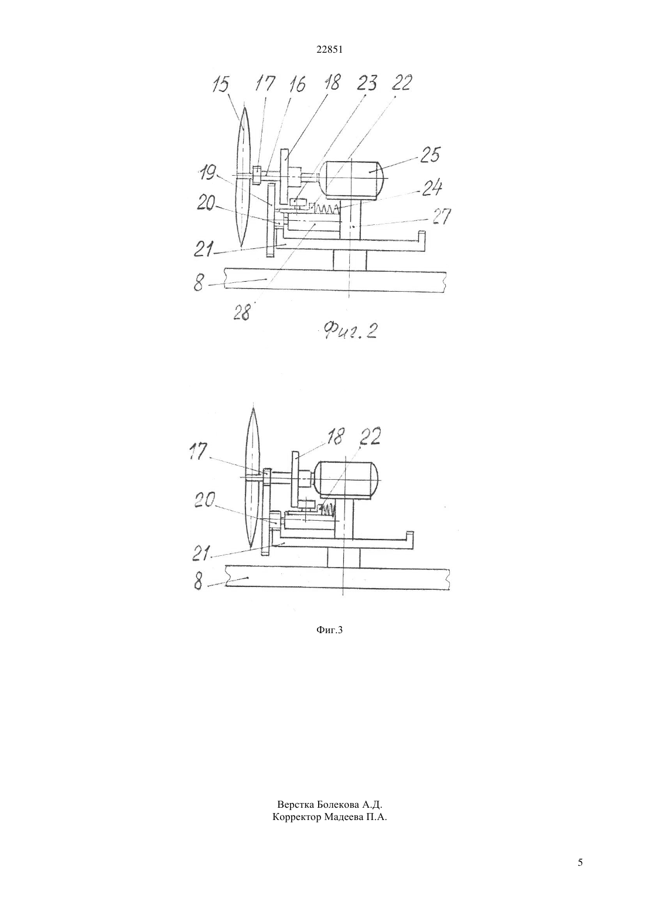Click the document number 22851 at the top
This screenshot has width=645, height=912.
tap(329, 50)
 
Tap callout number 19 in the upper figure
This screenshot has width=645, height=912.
tap(208, 173)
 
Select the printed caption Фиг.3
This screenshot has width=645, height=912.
tap(329, 630)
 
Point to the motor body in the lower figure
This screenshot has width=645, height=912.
tap(347, 480)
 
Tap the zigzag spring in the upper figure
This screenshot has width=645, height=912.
tap(325, 210)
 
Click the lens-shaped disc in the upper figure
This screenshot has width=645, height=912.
tap(244, 177)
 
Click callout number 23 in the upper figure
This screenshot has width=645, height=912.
tap(367, 83)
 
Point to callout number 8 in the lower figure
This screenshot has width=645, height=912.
tap(198, 581)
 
